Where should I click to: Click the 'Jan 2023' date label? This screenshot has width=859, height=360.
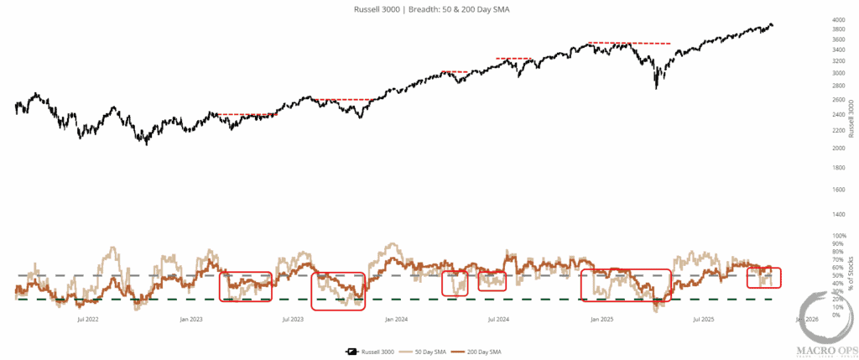[191, 319]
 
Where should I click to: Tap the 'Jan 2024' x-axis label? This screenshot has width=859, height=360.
[396, 319]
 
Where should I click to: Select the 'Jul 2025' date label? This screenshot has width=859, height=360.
[704, 319]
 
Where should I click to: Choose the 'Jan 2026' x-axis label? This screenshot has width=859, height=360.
[806, 319]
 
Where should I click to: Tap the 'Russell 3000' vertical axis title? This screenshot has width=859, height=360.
[852, 117]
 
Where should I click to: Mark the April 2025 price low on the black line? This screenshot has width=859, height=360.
[656, 87]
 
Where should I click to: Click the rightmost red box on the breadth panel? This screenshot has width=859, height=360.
[763, 277]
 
